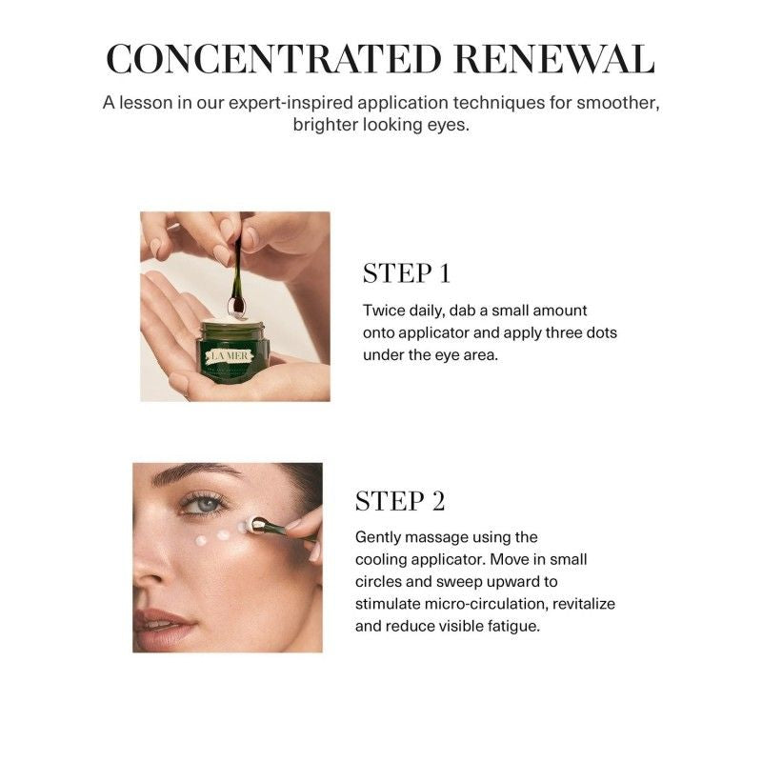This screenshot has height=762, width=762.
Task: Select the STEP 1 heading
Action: [407, 274]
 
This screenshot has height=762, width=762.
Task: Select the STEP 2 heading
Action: [400, 501]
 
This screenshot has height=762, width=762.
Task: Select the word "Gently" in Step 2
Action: [381, 537]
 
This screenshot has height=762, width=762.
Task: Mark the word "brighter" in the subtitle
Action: [326, 126]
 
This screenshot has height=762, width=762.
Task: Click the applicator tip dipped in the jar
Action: [237, 308]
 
